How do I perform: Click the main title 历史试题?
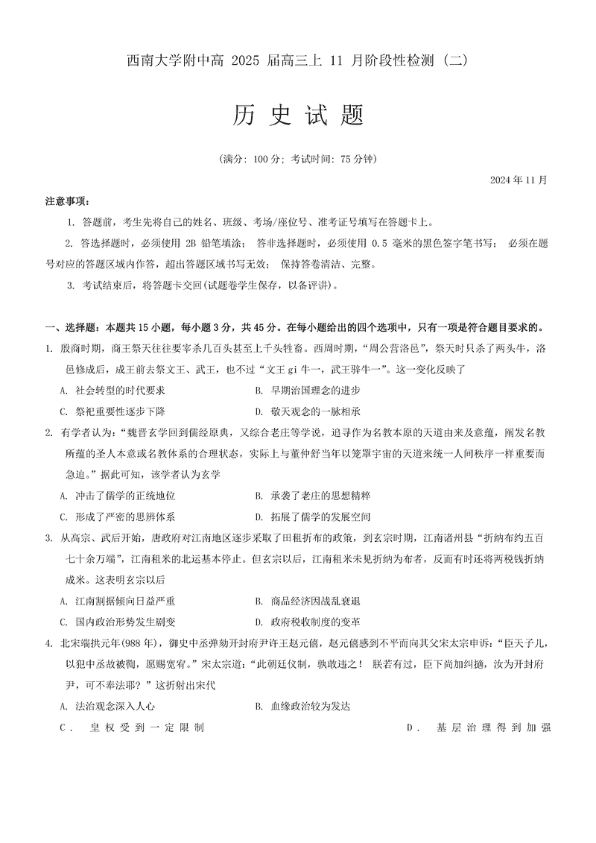point(297,116)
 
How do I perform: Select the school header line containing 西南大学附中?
point(297,61)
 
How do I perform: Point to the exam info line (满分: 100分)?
point(298,160)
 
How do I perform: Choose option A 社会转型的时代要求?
point(112,390)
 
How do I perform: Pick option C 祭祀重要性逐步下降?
point(112,411)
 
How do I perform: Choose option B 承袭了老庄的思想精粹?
point(313,496)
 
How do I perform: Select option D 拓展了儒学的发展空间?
point(313,517)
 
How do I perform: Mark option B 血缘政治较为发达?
point(302,706)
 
